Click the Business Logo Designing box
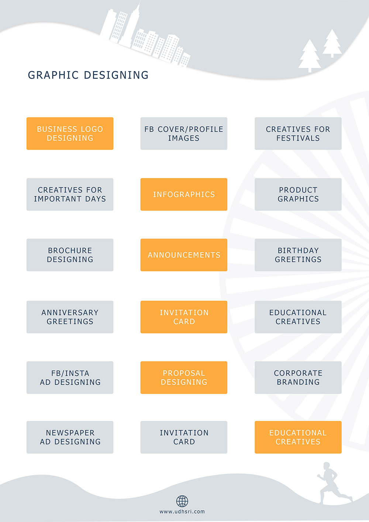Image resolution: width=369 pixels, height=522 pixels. point(70,134)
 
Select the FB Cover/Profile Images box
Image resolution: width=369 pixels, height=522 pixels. point(184,134)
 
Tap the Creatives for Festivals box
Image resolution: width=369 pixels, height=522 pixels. point(298,134)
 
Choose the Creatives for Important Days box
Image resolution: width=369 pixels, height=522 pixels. point(70,194)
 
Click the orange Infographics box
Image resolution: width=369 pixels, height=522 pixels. point(184,194)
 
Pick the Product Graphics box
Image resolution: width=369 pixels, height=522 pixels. point(298,194)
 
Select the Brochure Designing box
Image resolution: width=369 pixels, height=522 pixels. point(70,255)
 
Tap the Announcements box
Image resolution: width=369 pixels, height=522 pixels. point(184,255)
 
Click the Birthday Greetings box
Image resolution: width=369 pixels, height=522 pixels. point(298,255)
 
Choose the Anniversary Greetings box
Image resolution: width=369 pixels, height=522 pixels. point(70,317)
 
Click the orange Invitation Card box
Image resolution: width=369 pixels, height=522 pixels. point(184,317)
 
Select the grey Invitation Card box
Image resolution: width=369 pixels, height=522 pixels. point(184,437)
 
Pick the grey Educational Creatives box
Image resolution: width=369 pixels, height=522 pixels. point(298,317)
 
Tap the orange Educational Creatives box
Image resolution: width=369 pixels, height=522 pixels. point(298,437)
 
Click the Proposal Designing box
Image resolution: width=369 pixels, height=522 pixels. point(184,377)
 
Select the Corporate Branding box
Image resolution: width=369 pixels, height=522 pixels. point(298,377)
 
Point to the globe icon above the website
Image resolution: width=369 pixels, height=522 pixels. point(182,501)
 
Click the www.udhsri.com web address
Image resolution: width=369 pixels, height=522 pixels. point(182,512)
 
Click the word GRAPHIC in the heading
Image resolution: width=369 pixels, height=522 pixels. point(54,75)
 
